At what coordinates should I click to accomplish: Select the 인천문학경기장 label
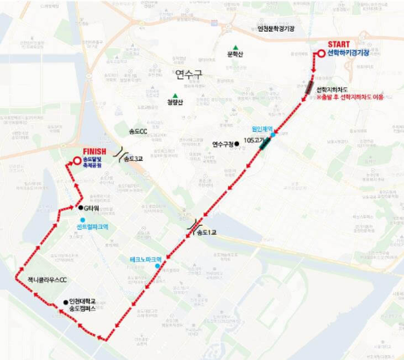click(276, 29)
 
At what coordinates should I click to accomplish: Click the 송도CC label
click(138, 130)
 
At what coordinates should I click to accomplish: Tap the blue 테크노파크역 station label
click(145, 259)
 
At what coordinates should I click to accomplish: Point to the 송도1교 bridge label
click(207, 233)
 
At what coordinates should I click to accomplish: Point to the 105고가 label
click(254, 139)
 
